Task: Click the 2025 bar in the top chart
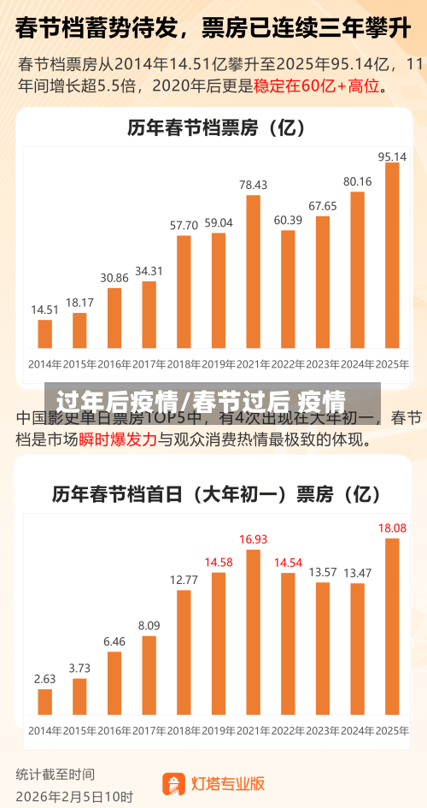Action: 392,255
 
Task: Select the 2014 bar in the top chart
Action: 45,333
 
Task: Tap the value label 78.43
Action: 253,185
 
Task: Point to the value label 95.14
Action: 392,156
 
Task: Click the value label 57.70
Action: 184,225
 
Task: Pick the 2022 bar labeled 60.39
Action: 288,289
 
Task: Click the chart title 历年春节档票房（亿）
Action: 216,128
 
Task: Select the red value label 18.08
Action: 392,528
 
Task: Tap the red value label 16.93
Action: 253,540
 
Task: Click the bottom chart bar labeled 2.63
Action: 45,701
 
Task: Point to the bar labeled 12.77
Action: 184,652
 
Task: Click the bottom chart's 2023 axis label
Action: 323,731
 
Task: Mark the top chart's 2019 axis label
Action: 219,363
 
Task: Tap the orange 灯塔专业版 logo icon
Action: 174,783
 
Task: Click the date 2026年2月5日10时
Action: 74,797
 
